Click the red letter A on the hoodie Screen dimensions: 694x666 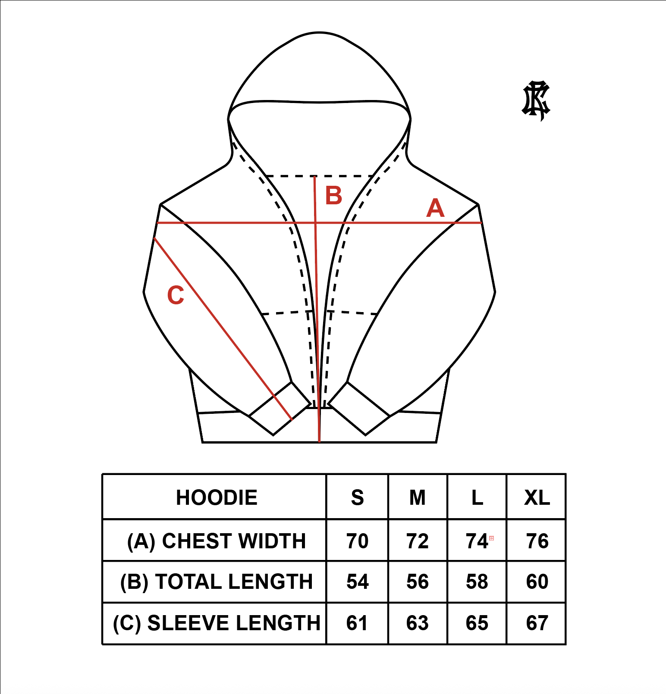pyautogui.click(x=435, y=209)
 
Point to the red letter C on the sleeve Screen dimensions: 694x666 pyautogui.click(x=176, y=295)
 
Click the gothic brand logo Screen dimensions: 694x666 pyautogui.click(x=536, y=100)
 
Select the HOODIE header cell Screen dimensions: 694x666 pyautogui.click(x=217, y=497)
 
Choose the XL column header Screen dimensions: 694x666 pyautogui.click(x=537, y=497)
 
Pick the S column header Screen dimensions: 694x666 pyautogui.click(x=357, y=497)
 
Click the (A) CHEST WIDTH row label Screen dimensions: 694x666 pyautogui.click(x=217, y=541)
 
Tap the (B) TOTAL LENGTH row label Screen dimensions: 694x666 pyautogui.click(x=217, y=581)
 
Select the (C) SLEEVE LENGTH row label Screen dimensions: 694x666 pyautogui.click(x=217, y=623)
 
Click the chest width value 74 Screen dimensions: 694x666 pyautogui.click(x=477, y=541)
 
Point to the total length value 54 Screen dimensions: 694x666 pyautogui.click(x=358, y=581)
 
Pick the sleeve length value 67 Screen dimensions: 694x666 pyautogui.click(x=537, y=623)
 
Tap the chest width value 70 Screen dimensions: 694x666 pyautogui.click(x=358, y=541)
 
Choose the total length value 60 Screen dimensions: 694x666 pyautogui.click(x=537, y=581)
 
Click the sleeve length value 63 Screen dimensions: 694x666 pyautogui.click(x=418, y=623)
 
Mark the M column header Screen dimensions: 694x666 pyautogui.click(x=418, y=497)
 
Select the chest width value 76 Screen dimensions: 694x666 pyautogui.click(x=537, y=541)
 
